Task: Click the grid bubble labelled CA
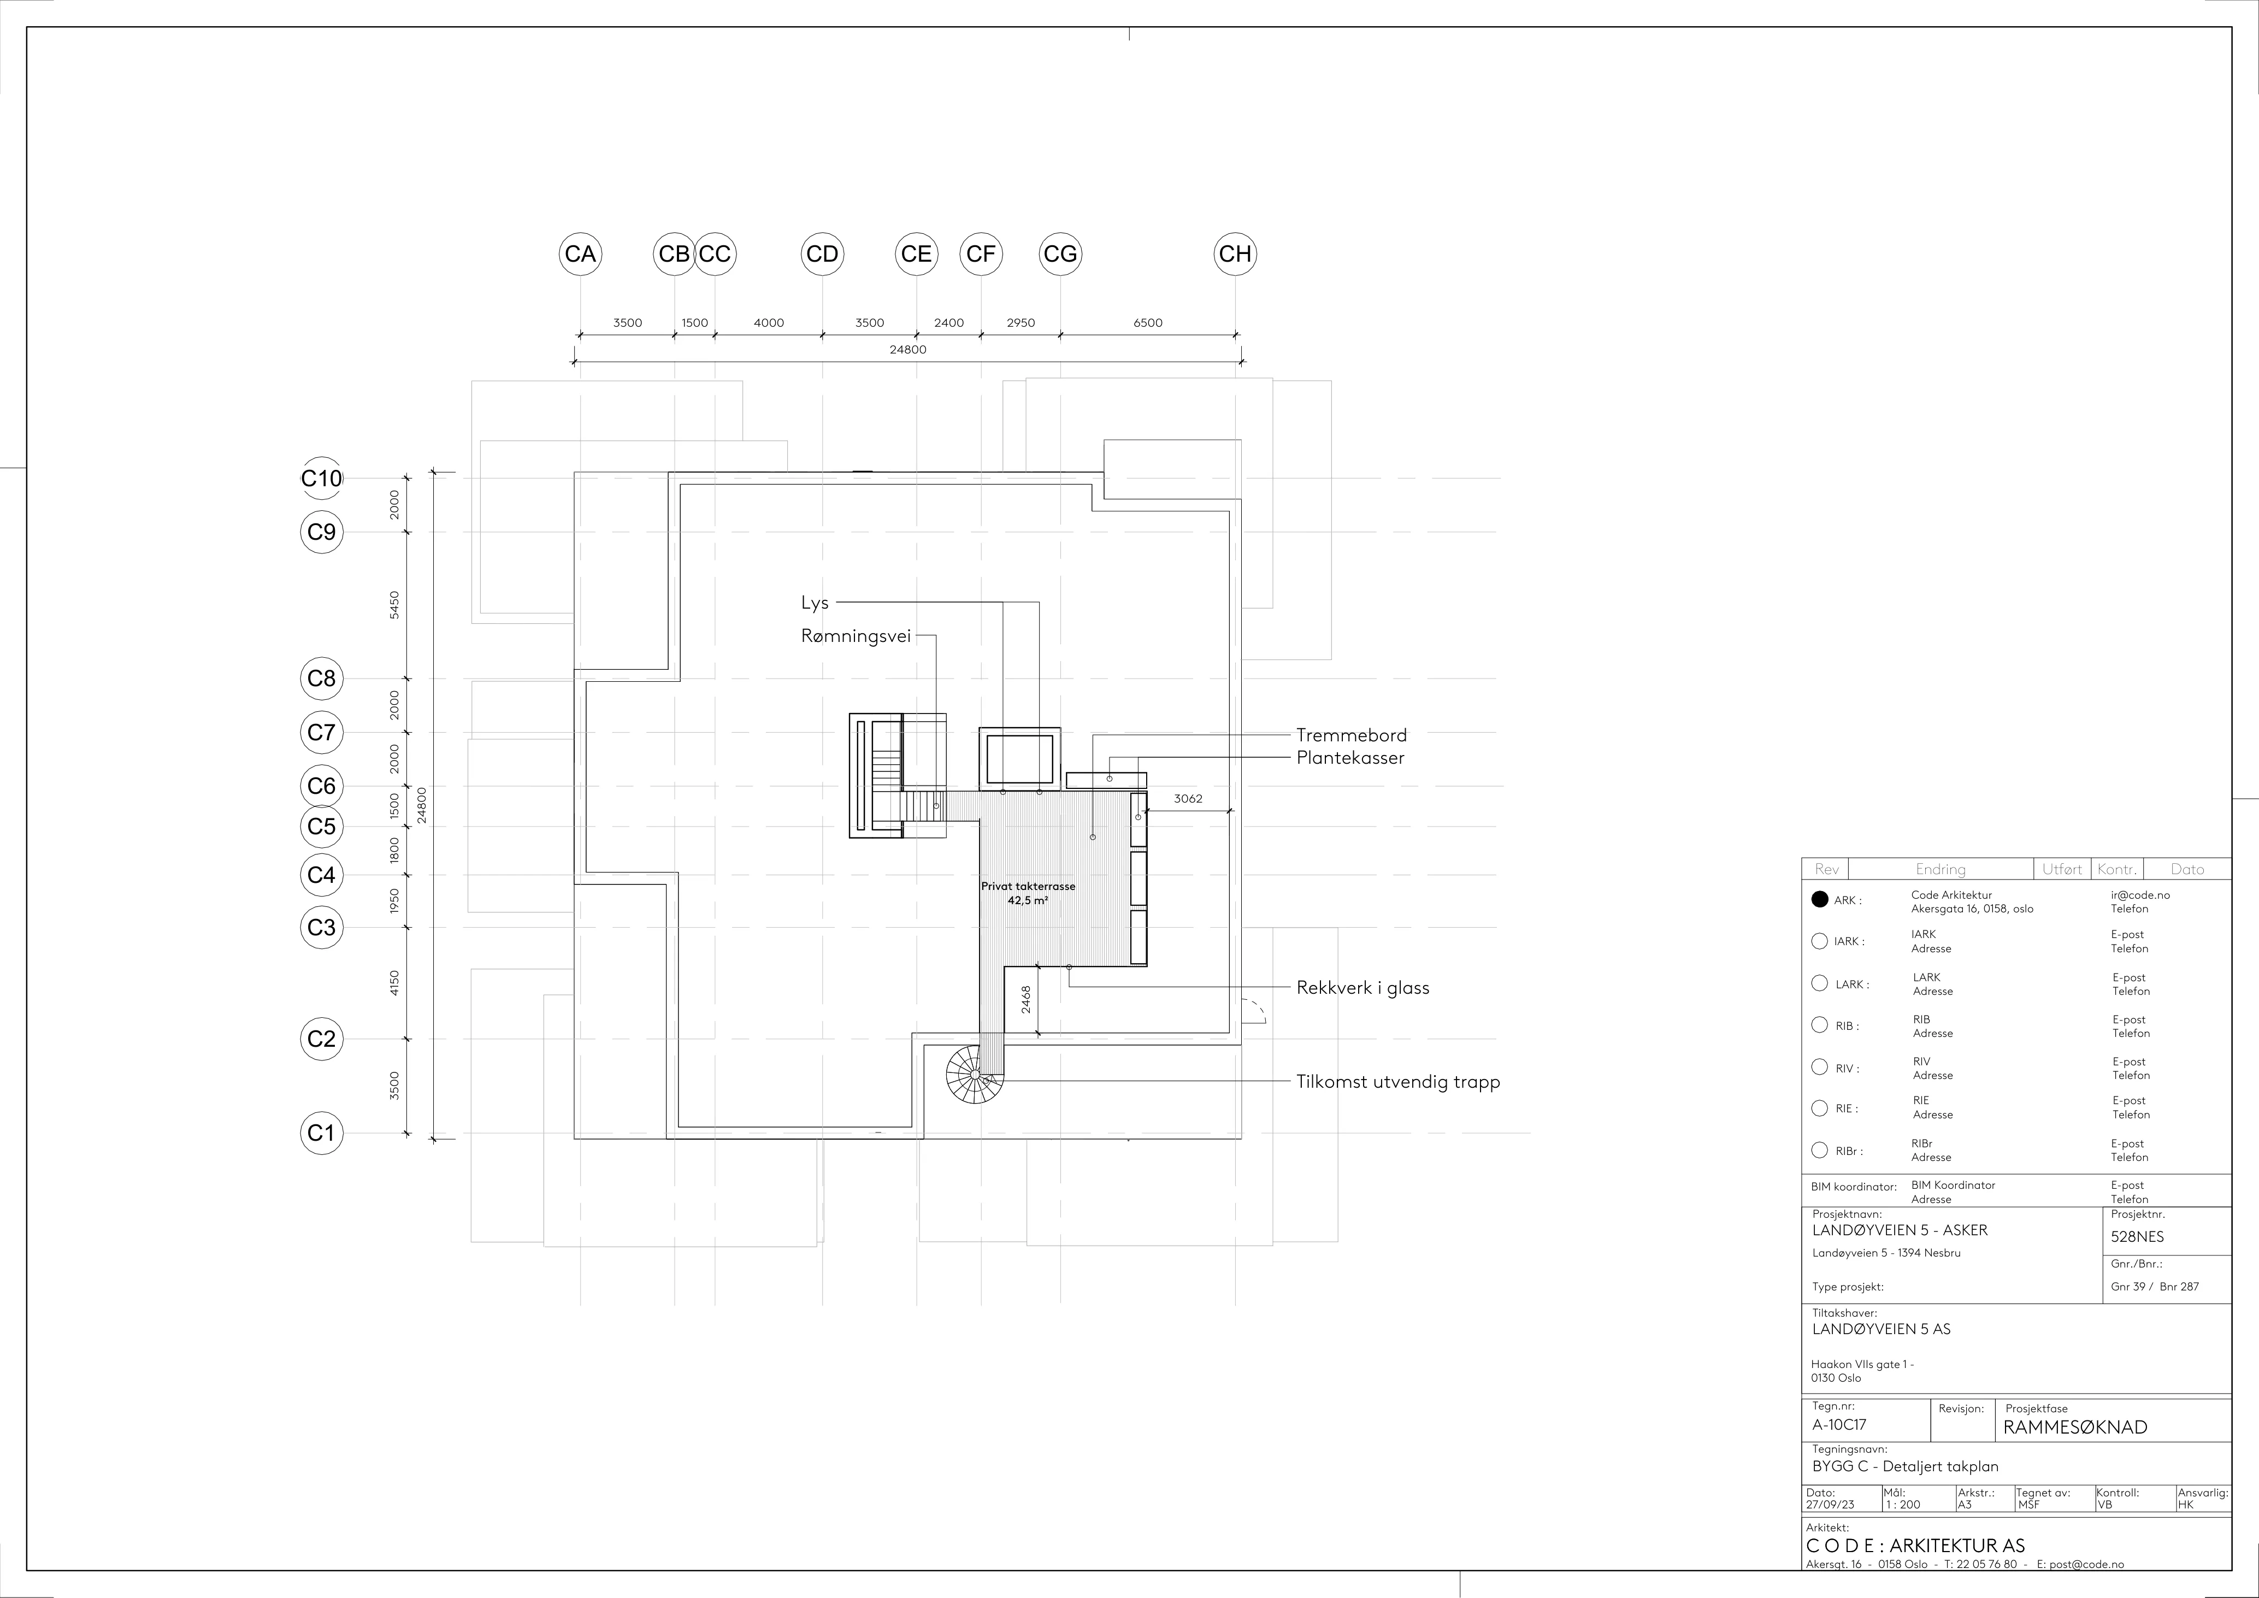581,254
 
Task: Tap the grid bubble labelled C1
322,1133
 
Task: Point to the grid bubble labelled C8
322,678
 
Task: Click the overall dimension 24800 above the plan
907,349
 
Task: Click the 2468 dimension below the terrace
1025,1000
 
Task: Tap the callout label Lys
815,603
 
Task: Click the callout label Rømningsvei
856,636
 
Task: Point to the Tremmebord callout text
1351,735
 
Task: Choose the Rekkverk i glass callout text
1363,988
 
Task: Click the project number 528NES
2137,1237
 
